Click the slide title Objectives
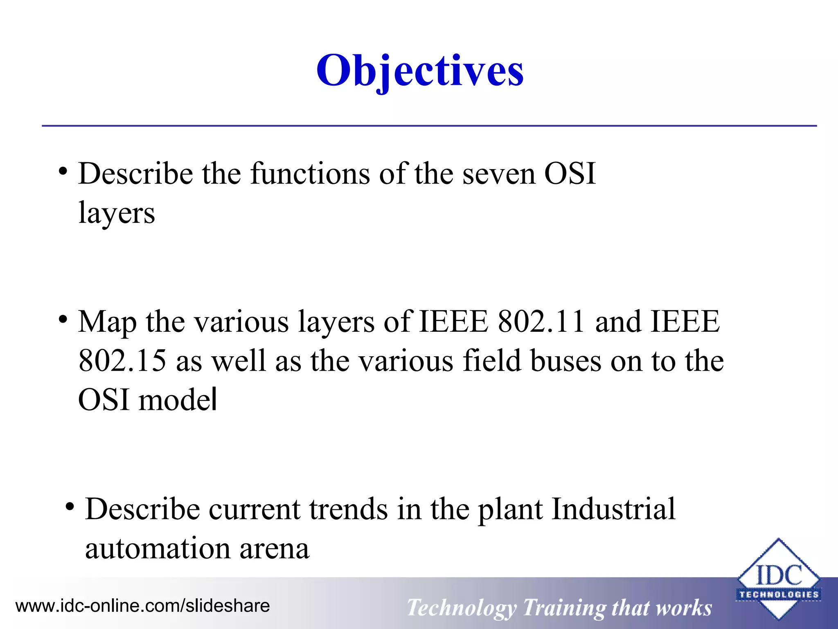tap(420, 70)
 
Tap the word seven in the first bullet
tap(498, 174)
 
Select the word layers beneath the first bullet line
tap(117, 213)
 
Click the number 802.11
tap(541, 321)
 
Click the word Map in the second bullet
tap(107, 322)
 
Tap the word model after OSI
tap(178, 400)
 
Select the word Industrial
tap(613, 509)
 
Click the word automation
tap(158, 548)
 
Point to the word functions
tap(310, 174)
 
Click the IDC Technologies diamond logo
tap(778, 579)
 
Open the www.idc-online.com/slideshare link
tap(142, 606)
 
